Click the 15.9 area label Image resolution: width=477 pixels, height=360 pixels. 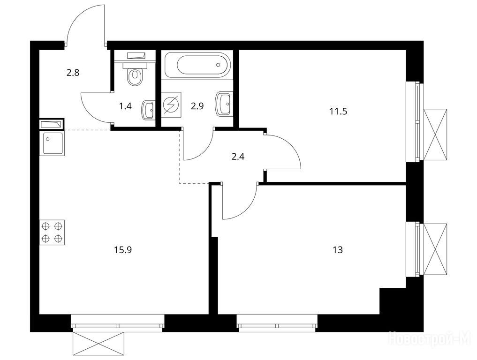123,250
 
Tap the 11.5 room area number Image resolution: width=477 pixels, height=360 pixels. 338,111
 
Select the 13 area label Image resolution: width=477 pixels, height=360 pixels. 338,250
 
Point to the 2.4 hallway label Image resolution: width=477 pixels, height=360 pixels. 238,157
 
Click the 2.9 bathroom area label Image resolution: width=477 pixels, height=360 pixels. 197,106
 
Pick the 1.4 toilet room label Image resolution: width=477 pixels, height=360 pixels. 125,106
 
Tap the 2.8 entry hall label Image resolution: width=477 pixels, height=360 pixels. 73,73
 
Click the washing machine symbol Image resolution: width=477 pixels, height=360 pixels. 171,104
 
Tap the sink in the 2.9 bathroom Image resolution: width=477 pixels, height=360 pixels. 223,104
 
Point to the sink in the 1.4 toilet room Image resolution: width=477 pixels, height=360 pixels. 148,110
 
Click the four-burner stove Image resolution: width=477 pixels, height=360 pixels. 52,232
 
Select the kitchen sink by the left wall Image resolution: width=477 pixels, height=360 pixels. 52,143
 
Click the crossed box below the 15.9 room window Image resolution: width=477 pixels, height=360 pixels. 98,344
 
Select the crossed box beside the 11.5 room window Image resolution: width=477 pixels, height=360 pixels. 435,134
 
